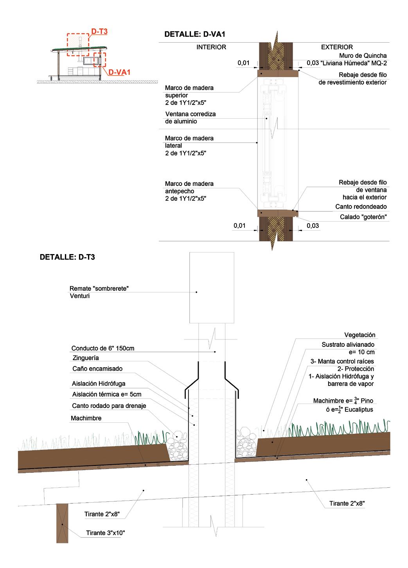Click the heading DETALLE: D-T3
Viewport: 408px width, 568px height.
[67, 258]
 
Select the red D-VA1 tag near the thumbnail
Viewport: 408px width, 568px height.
[119, 72]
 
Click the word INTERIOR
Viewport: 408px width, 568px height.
[211, 47]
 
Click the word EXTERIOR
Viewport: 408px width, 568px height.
[337, 47]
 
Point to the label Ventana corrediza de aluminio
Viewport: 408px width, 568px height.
[190, 117]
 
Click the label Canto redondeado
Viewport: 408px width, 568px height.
[361, 207]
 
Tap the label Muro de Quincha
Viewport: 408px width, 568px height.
[363, 56]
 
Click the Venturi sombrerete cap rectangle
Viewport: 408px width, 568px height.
[212, 288]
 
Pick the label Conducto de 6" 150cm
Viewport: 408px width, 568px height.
[103, 348]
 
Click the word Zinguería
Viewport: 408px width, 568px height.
[86, 358]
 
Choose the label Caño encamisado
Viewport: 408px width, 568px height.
[97, 368]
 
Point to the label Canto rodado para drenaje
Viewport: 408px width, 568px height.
[109, 406]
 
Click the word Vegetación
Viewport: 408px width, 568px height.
[359, 335]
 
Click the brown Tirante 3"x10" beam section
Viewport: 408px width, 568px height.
[62, 523]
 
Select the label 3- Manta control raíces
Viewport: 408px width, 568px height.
[342, 361]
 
